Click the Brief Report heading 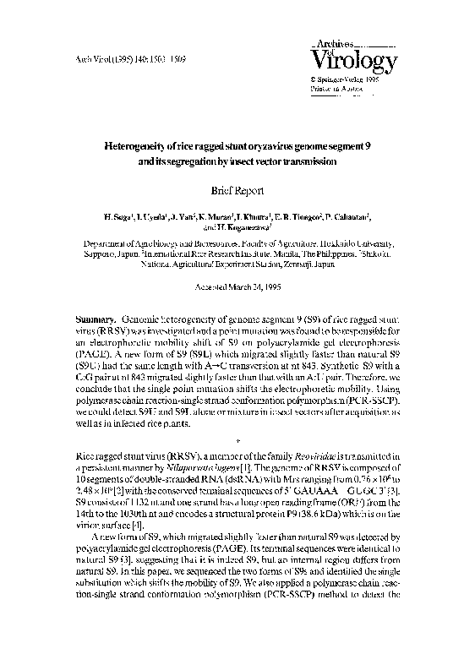(x=237, y=191)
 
